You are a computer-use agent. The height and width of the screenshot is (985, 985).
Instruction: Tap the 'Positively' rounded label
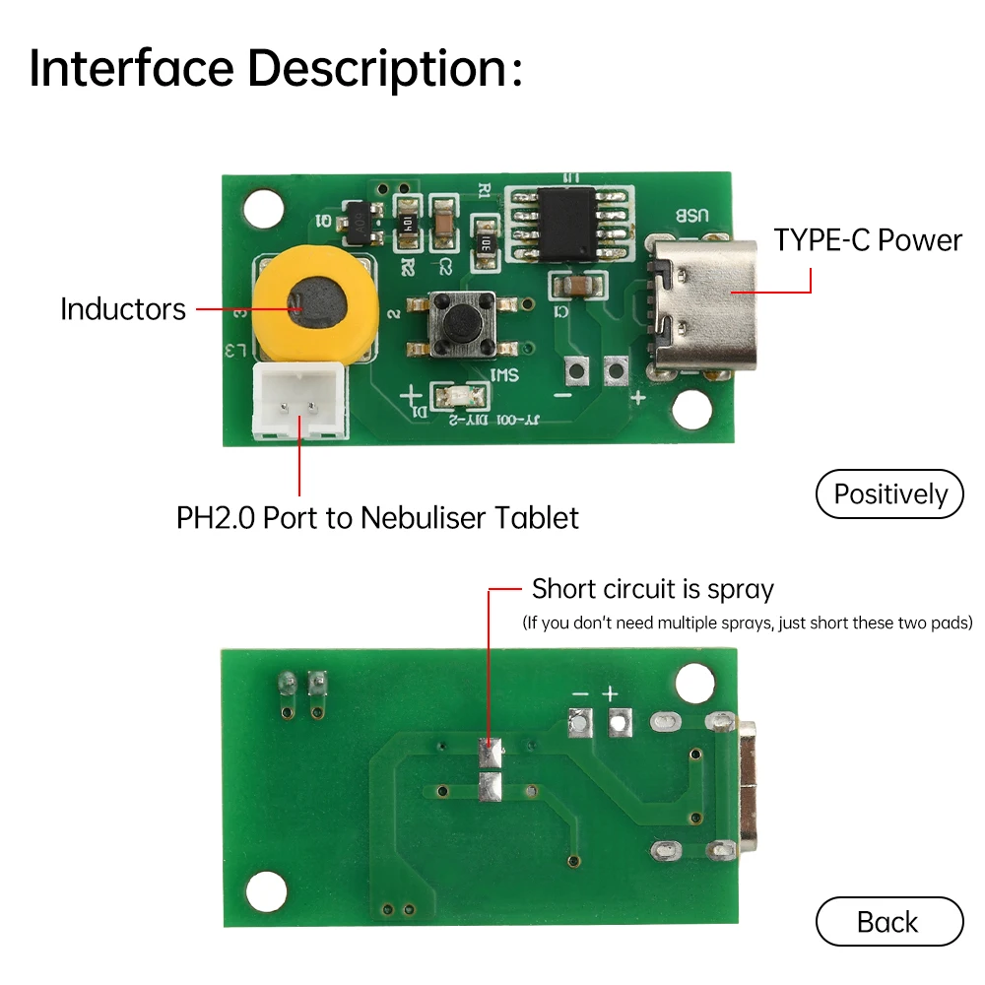click(x=889, y=494)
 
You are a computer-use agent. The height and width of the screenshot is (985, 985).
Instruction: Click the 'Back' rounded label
click(x=888, y=922)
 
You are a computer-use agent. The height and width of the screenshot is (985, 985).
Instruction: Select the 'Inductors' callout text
click(x=122, y=309)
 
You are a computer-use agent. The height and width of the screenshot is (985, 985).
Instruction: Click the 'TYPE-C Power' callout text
click(x=867, y=240)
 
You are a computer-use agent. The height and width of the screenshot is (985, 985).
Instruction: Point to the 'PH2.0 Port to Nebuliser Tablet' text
click(x=377, y=518)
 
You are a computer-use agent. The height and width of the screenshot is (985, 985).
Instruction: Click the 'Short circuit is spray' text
click(x=652, y=590)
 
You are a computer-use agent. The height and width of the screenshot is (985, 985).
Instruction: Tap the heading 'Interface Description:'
click(x=276, y=69)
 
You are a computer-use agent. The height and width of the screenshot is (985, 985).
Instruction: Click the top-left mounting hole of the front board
click(x=262, y=209)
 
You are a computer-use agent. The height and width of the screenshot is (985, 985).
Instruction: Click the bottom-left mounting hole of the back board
click(x=265, y=891)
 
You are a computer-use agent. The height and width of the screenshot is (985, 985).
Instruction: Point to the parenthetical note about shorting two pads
click(x=747, y=623)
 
